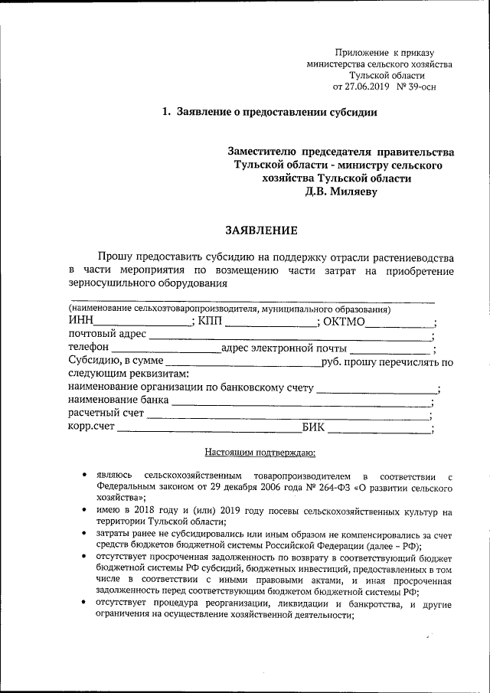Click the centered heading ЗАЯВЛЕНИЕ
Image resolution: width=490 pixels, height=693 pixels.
click(x=259, y=229)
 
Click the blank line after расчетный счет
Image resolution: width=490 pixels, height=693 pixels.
click(x=288, y=418)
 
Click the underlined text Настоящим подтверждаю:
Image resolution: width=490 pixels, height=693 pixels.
click(x=255, y=453)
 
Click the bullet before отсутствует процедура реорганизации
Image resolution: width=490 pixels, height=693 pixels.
click(x=83, y=603)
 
